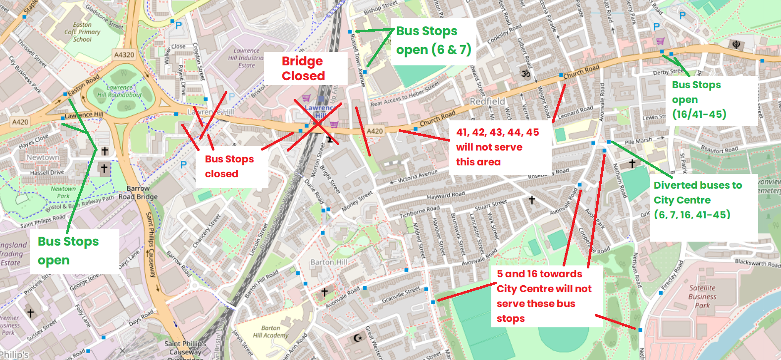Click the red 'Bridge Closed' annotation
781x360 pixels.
[303, 68]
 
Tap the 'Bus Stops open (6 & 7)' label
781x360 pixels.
[433, 41]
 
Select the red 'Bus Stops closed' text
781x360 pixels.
[229, 166]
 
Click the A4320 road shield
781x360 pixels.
[124, 55]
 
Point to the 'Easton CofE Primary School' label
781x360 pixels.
[82, 32]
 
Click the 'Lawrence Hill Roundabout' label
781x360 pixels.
[119, 91]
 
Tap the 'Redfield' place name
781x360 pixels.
[487, 101]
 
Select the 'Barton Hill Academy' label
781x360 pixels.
[270, 332]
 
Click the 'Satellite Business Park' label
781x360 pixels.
[702, 297]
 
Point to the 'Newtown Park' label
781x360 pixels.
[63, 192]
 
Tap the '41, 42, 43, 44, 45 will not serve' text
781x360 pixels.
[497, 147]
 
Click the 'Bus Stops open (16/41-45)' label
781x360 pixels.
[699, 100]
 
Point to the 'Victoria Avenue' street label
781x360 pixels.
[417, 176]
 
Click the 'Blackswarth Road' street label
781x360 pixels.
[757, 262]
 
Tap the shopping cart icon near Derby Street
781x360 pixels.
[660, 41]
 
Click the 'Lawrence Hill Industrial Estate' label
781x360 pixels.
[246, 58]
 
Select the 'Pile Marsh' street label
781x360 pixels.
[638, 141]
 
